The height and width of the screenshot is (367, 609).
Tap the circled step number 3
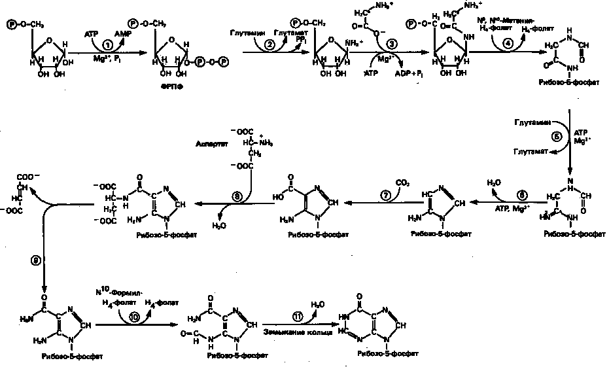pos(392,44)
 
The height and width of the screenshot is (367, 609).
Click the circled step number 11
pos(298,315)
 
